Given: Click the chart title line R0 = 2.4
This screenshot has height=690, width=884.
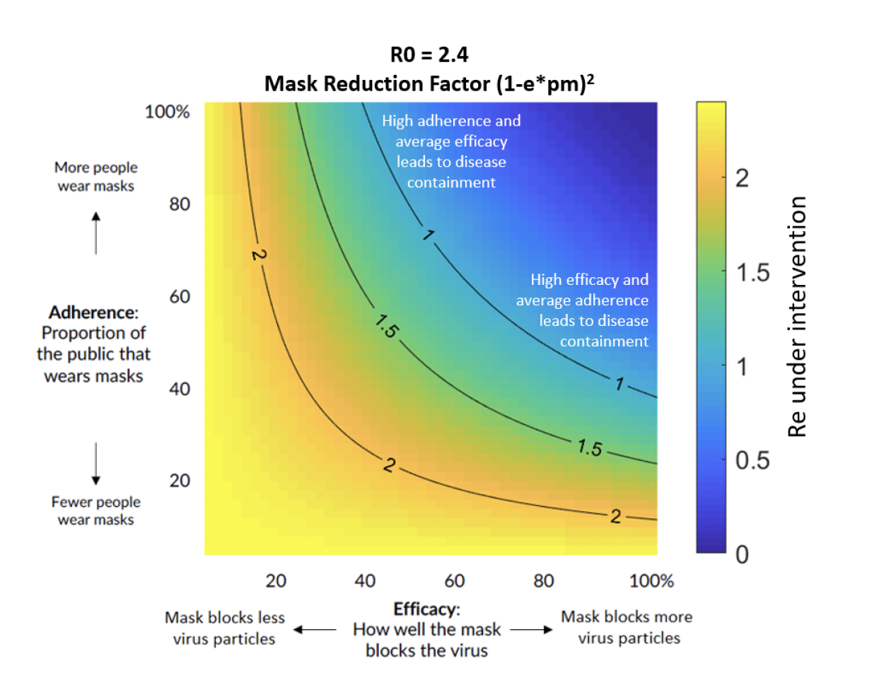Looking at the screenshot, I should coord(429,54).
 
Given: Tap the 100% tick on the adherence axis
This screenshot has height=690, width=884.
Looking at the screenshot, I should coord(167,112).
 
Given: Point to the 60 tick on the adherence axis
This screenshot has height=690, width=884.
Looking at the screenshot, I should coord(180,296).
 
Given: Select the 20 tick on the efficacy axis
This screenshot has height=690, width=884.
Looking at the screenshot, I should coord(276,581).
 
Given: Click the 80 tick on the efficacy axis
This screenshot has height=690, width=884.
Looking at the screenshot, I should coord(543,581).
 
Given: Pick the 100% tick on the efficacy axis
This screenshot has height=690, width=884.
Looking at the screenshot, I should coord(651,581).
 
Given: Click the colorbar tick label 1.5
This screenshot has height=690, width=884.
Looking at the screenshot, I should coord(752,273).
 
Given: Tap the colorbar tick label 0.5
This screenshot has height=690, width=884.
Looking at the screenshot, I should coord(752,461).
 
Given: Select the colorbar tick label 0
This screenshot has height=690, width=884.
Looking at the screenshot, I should coord(742,555).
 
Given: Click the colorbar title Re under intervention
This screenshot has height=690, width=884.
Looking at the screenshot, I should coord(797,317).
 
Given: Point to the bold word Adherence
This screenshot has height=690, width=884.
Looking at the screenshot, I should coord(93,312).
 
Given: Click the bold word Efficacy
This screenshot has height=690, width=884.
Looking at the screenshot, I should coord(426,609).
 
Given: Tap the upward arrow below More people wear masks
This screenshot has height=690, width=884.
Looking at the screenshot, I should coord(96,233).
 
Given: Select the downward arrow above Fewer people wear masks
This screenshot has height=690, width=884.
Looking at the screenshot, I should coord(96,464).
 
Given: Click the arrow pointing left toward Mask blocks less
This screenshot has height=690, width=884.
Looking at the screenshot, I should coord(315,629).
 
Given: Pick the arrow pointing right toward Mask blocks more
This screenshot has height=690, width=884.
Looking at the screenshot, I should coord(532,629).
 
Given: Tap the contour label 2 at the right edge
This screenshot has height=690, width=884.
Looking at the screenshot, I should coord(616,517).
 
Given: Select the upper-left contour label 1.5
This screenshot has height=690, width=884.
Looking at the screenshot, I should coord(387,327).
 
